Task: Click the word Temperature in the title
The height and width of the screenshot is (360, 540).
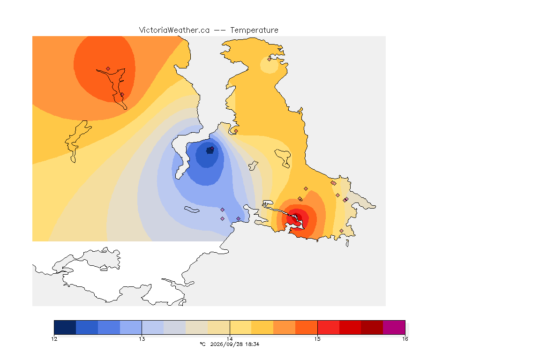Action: click(x=254, y=30)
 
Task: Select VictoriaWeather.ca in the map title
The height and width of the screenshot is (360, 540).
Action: click(x=174, y=30)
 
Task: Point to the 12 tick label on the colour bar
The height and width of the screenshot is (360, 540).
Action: click(x=54, y=339)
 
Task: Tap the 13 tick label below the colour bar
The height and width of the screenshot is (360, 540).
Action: click(x=142, y=339)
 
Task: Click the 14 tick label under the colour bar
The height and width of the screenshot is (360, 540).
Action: click(x=230, y=339)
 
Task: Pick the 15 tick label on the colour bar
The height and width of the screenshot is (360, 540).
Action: click(x=317, y=339)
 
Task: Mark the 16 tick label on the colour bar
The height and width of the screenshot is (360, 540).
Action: click(x=405, y=339)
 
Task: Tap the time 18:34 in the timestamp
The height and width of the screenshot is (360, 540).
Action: click(x=252, y=344)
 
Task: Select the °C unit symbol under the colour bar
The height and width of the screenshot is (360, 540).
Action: click(x=203, y=344)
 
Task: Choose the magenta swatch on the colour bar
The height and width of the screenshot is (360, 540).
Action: click(x=394, y=327)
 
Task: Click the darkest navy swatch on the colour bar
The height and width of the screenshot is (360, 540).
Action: click(x=65, y=327)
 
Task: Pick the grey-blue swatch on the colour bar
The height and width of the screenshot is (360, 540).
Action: click(x=174, y=327)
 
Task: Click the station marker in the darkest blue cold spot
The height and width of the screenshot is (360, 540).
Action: click(x=212, y=149)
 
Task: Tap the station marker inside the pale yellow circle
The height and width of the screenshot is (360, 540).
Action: click(x=270, y=59)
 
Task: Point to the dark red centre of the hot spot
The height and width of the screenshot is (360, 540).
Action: click(x=297, y=217)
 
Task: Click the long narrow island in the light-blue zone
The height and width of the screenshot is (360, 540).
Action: click(x=192, y=210)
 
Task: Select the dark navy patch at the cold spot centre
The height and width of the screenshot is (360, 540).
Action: click(x=210, y=150)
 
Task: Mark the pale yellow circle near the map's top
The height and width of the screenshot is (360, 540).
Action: click(x=270, y=65)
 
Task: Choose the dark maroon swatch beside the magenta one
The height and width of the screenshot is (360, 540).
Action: click(x=372, y=327)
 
